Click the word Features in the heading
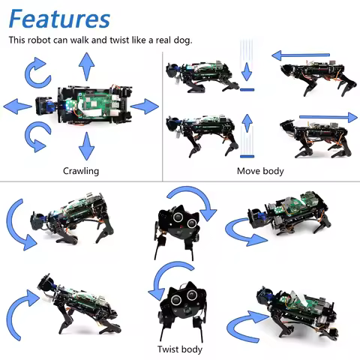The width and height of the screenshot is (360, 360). (59, 19)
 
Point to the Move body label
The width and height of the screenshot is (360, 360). (260, 171)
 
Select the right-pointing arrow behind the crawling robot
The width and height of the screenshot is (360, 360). (145, 107)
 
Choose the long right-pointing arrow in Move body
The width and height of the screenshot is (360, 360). (328, 116)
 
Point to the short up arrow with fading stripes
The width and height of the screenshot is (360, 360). (247, 135)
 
